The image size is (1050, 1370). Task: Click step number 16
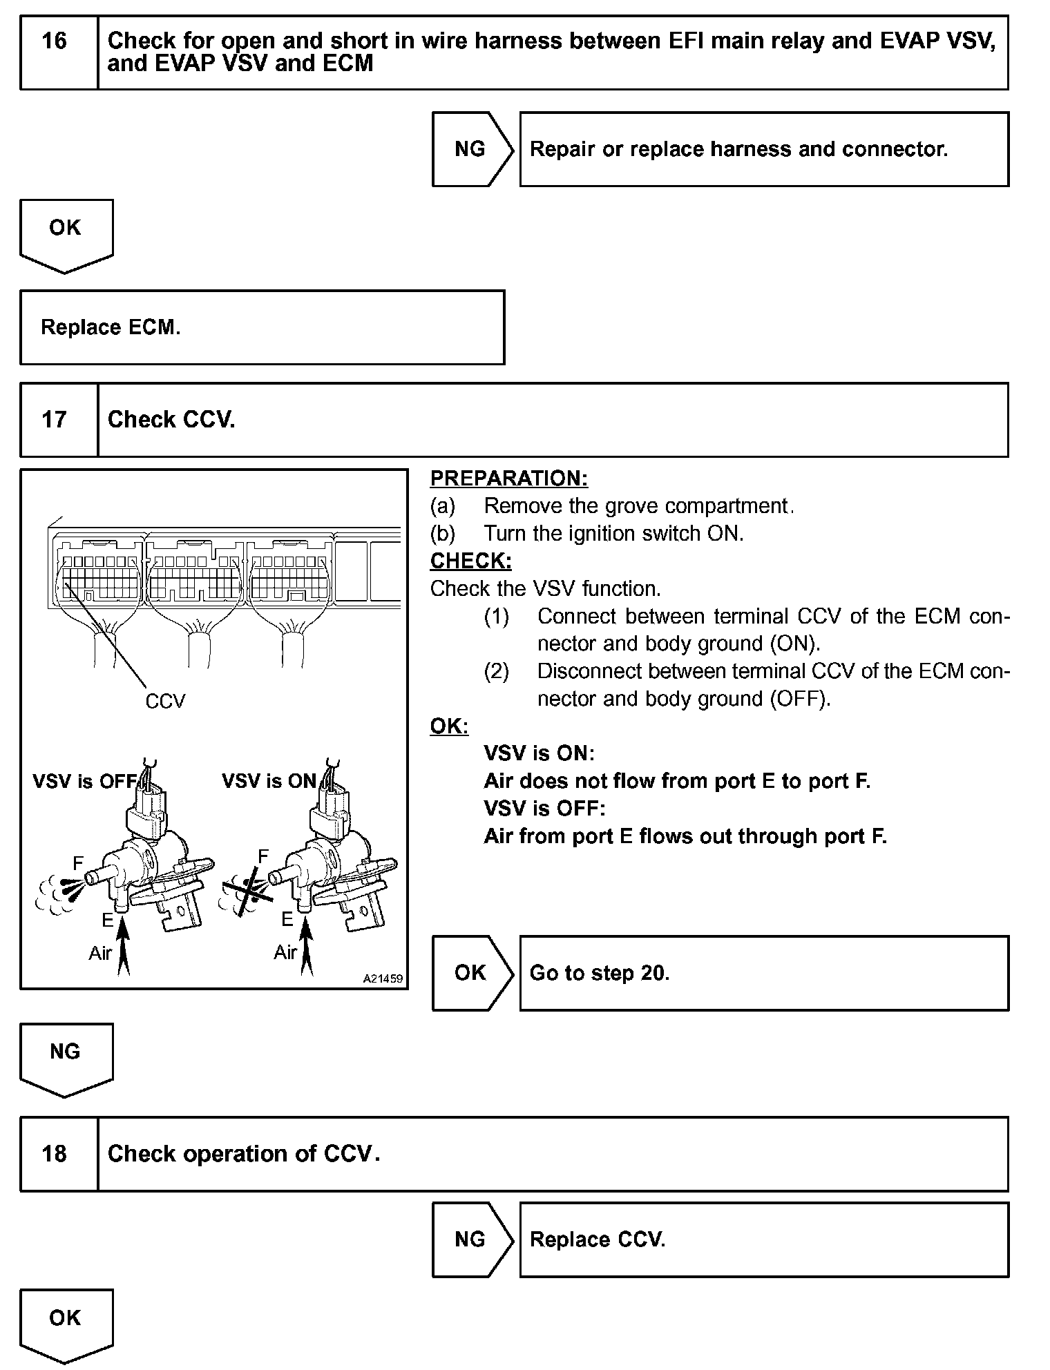[x=55, y=41]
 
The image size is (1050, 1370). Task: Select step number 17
[x=55, y=420]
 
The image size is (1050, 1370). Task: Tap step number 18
[x=55, y=1154]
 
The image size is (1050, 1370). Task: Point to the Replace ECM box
[x=262, y=327]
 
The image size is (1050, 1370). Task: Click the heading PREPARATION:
[x=509, y=479]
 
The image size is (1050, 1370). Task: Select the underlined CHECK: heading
[x=471, y=561]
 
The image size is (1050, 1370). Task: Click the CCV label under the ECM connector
[x=165, y=702]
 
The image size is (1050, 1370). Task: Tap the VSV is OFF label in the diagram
[x=84, y=782]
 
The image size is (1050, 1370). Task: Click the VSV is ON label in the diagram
[x=269, y=782]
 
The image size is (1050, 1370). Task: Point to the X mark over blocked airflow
[x=246, y=892]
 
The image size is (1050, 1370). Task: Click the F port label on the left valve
[x=78, y=863]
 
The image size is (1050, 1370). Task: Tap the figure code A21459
[x=383, y=979]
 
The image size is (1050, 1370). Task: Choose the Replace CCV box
[x=764, y=1239]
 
